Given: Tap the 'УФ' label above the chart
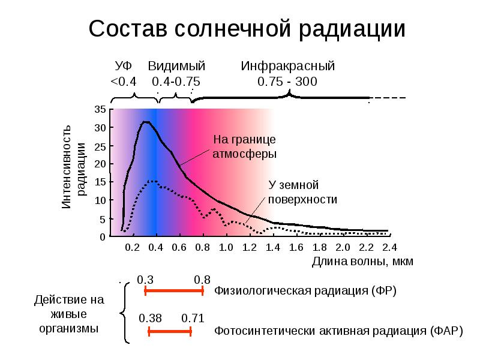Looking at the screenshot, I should [x=124, y=67].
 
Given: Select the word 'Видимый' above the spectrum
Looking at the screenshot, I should [x=177, y=67].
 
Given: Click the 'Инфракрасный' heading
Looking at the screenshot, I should [x=287, y=67].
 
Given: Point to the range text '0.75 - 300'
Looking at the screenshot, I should [x=287, y=82].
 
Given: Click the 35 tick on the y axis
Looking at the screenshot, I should [x=100, y=110].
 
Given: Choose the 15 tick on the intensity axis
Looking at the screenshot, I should [x=100, y=182].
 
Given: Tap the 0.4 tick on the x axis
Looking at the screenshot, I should [x=156, y=247].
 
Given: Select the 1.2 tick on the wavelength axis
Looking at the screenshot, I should [x=249, y=247].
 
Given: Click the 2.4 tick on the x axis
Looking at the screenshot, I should [x=389, y=247].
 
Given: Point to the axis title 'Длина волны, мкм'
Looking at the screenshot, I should [x=363, y=262].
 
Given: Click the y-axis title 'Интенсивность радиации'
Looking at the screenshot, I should [x=75, y=167].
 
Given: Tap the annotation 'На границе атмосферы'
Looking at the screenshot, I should [x=245, y=146].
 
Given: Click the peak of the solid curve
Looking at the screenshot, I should [x=146, y=122].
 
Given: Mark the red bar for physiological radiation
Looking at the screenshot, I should [x=175, y=291].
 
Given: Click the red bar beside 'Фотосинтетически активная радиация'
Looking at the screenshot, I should [x=170, y=331].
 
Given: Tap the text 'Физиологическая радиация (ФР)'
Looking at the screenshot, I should [x=306, y=291].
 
